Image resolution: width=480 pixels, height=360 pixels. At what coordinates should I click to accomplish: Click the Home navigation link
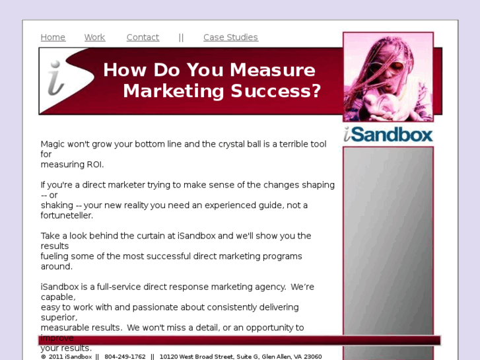pyautogui.click(x=53, y=38)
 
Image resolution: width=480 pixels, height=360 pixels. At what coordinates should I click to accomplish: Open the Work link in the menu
pyautogui.click(x=94, y=38)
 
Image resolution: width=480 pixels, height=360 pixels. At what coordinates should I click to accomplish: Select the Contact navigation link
pyautogui.click(x=143, y=38)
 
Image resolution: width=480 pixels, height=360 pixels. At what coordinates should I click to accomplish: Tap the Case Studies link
pyautogui.click(x=230, y=38)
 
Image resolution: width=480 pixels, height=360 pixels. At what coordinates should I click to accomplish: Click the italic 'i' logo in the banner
pyautogui.click(x=56, y=79)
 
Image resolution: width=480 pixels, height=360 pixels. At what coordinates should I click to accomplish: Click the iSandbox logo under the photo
pyautogui.click(x=388, y=134)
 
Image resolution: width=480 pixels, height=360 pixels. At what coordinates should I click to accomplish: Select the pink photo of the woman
pyautogui.click(x=388, y=77)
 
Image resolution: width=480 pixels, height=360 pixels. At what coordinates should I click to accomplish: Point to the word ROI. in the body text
pyautogui.click(x=93, y=164)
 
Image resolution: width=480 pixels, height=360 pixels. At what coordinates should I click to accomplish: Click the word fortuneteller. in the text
pyautogui.click(x=67, y=215)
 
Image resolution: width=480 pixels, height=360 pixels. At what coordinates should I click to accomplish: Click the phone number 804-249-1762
pyautogui.click(x=125, y=357)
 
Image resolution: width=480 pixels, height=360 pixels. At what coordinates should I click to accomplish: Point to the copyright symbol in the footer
pyautogui.click(x=44, y=357)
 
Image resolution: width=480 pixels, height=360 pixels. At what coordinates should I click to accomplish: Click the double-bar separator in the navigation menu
pyautogui.click(x=181, y=38)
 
